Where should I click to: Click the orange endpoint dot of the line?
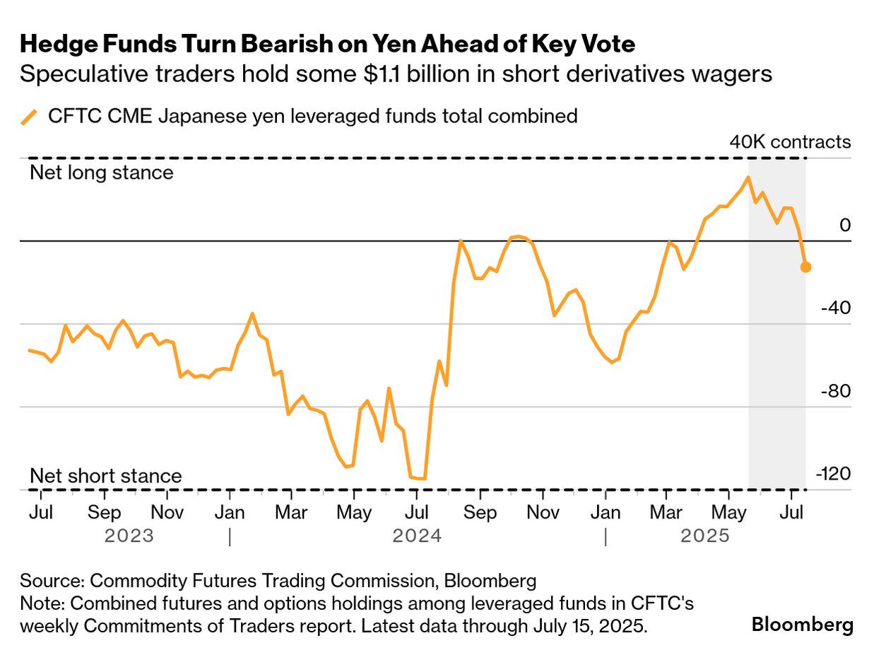pos(805,267)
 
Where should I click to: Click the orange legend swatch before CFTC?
pos(29,117)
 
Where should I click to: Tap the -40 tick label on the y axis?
pos(836,308)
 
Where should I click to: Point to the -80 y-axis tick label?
pos(836,391)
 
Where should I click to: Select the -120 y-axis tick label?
pos(834,474)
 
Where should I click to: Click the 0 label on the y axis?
pos(846,225)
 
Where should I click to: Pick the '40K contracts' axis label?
pos(790,142)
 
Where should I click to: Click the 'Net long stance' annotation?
pos(101,173)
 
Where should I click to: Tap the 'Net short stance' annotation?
pos(105,476)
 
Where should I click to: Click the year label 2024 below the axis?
pos(417,536)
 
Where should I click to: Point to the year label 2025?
pos(705,536)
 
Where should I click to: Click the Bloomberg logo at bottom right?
pos(802,625)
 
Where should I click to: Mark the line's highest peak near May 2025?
pos(748,177)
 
